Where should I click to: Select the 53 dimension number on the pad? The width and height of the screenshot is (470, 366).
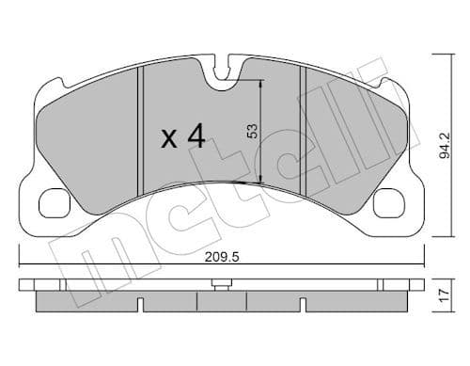pyautogui.click(x=251, y=131)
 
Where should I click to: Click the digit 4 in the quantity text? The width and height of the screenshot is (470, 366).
pyautogui.click(x=196, y=137)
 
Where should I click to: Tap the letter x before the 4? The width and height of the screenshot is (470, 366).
pyautogui.click(x=169, y=140)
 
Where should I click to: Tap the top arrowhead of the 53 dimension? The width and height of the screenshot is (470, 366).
pyautogui.click(x=259, y=84)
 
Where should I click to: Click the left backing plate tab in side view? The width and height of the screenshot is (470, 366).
pyautogui.click(x=28, y=282)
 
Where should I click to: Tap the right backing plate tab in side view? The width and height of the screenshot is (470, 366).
pyautogui.click(x=413, y=282)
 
